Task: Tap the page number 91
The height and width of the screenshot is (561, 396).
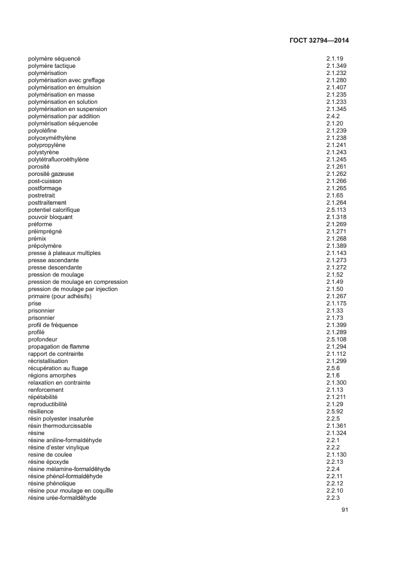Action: [x=344, y=510]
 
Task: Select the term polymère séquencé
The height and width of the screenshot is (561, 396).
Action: [x=55, y=59]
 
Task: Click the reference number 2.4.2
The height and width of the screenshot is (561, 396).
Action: [x=333, y=116]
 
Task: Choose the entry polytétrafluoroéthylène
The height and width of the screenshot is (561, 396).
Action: [x=58, y=160]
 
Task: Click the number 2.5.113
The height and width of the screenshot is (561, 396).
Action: [x=337, y=210]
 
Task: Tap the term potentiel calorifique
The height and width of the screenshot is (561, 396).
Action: [x=54, y=210]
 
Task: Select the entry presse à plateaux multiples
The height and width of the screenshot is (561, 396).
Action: [x=64, y=253]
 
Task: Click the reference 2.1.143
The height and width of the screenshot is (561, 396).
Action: [x=337, y=253]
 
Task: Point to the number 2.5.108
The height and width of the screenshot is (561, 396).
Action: [x=337, y=340]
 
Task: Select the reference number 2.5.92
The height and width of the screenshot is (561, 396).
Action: [x=335, y=412]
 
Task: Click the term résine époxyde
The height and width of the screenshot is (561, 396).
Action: [x=49, y=462]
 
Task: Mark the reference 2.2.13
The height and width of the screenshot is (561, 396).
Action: [x=335, y=462]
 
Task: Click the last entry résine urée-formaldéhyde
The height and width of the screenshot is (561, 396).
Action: [x=62, y=498]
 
